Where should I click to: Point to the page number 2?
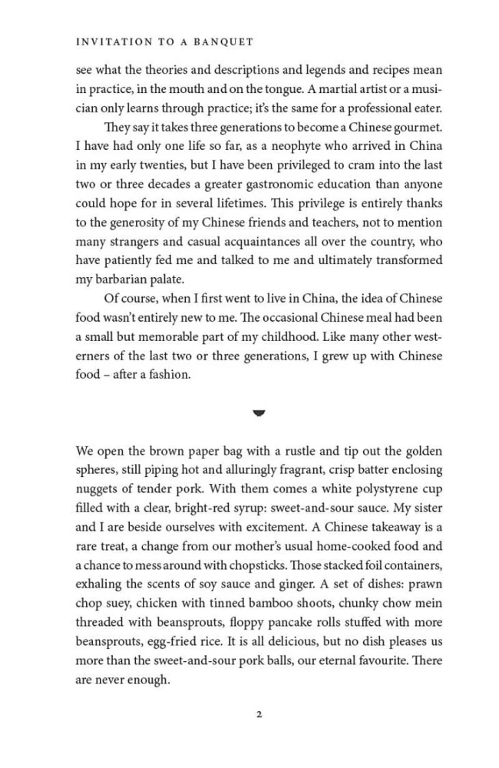tap(259, 715)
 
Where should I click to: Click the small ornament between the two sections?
tap(259, 412)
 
